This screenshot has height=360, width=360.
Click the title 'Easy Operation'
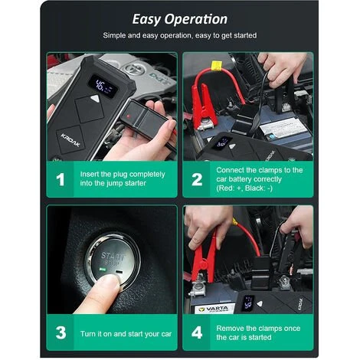pyautogui.click(x=180, y=19)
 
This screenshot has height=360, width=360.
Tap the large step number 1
pyautogui.click(x=61, y=180)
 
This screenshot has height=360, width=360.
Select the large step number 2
pyautogui.click(x=197, y=179)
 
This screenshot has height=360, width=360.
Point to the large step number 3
pyautogui.click(x=61, y=332)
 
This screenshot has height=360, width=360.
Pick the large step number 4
pyautogui.click(x=197, y=332)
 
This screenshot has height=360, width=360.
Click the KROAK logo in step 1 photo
pyautogui.click(x=70, y=140)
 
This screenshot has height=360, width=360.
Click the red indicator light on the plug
pyautogui.click(x=129, y=116)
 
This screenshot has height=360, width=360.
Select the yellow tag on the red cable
pyautogui.click(x=216, y=65)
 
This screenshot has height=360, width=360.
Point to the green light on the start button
pyautogui.click(x=103, y=269)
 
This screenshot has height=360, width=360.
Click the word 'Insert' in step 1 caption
pyautogui.click(x=89, y=174)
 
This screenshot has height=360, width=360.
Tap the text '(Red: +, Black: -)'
pyautogui.click(x=244, y=188)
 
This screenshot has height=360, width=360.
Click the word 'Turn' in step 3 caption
pyautogui.click(x=88, y=334)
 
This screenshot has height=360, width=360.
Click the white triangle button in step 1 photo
pyautogui.click(x=95, y=99)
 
